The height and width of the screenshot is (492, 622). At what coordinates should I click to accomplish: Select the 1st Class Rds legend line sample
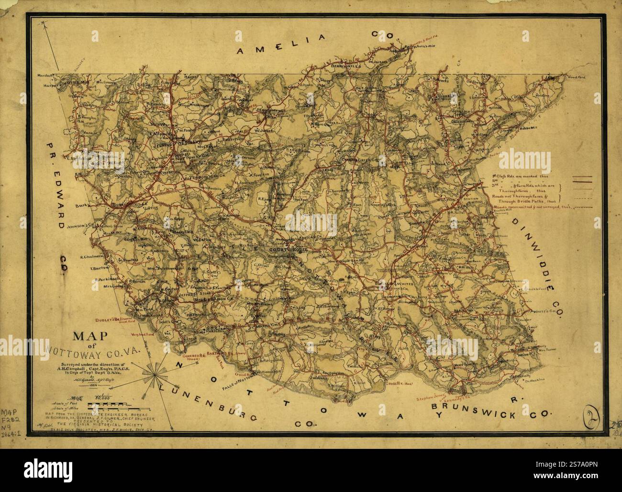click(586, 178)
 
